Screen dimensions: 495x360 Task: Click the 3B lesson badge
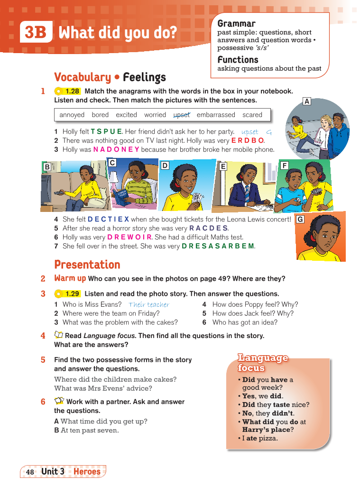[x=36, y=33]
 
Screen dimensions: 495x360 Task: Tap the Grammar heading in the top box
[x=236, y=23]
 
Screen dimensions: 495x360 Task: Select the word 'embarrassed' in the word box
[x=216, y=115]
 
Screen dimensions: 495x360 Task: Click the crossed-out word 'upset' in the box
[x=181, y=115]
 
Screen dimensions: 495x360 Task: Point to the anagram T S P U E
[x=106, y=131]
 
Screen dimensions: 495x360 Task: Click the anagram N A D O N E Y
[x=116, y=149]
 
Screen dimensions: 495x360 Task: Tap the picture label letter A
[x=307, y=101]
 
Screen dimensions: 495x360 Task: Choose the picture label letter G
[x=300, y=220]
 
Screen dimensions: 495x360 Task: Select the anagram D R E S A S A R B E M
[x=218, y=246]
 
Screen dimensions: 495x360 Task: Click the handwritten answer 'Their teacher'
[x=149, y=305]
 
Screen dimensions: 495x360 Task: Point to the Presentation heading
[x=87, y=265]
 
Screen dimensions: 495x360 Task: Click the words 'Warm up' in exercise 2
[x=70, y=278]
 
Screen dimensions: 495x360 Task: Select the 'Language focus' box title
[x=263, y=363]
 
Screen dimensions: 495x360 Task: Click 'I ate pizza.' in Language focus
[x=260, y=438]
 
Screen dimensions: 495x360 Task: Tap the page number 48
[x=30, y=472]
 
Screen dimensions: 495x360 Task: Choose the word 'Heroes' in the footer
[x=87, y=471]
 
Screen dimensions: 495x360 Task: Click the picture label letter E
[x=223, y=166]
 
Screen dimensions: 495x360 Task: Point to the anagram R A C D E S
[x=208, y=228]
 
